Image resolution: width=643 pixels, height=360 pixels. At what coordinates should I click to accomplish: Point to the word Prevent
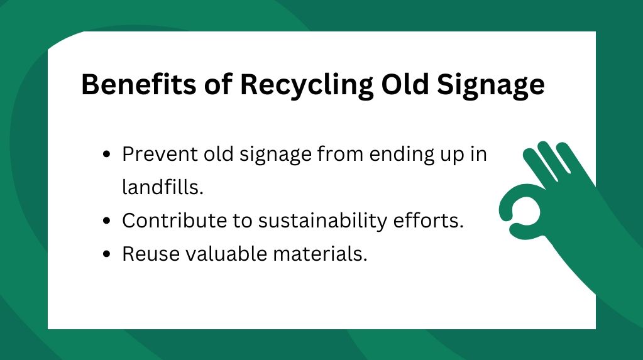click(158, 155)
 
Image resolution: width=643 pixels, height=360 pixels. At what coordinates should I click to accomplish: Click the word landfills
click(162, 188)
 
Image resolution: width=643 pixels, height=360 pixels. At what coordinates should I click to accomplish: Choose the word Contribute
click(172, 221)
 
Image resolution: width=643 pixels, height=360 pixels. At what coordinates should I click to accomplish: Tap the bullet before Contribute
click(107, 222)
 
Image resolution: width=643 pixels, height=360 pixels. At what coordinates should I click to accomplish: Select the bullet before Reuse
click(107, 255)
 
